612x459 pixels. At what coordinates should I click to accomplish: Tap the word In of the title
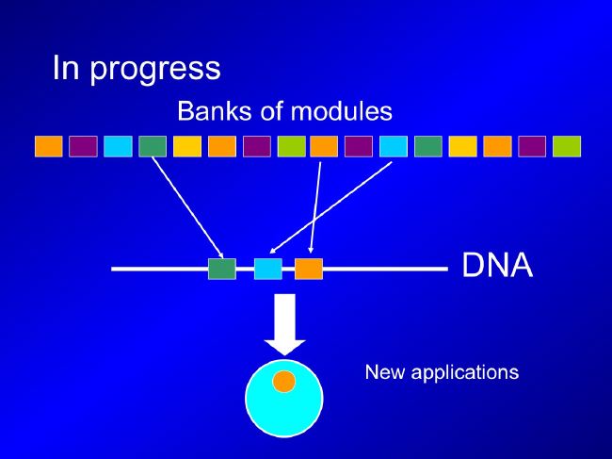[x=66, y=68]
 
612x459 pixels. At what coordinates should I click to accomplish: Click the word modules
[x=342, y=111]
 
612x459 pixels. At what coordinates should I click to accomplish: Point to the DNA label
[x=497, y=265]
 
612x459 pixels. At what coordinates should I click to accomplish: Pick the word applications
[x=465, y=373]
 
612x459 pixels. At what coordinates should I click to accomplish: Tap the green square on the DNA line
[x=222, y=269]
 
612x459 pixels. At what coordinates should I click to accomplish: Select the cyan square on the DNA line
[x=268, y=269]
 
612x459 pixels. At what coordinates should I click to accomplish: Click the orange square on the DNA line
[x=309, y=269]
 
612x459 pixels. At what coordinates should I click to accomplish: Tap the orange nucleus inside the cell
[x=284, y=382]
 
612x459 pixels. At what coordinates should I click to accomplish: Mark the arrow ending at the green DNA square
[x=188, y=207]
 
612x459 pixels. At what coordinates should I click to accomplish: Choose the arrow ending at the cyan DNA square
[x=330, y=207]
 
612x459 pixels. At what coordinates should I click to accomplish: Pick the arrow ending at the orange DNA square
[x=315, y=207]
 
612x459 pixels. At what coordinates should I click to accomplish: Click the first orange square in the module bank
[x=49, y=146]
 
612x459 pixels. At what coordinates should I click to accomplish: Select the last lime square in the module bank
[x=567, y=146]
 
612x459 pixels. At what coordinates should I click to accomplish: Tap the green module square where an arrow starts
[x=153, y=146]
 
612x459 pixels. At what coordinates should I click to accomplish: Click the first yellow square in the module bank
[x=187, y=146]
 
